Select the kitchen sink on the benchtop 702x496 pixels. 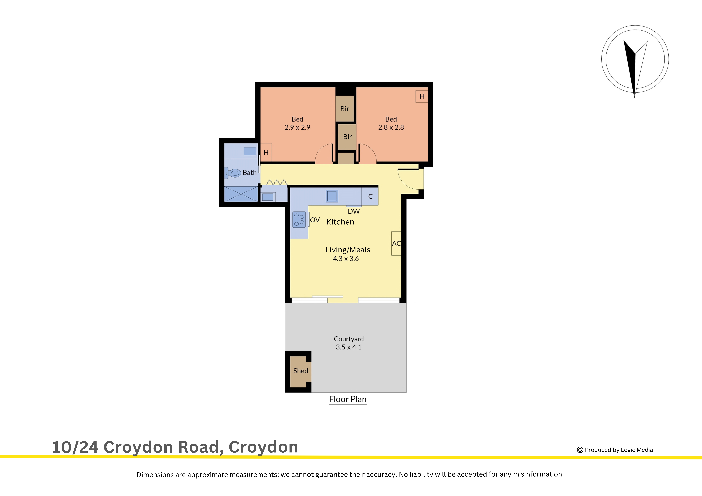coord(332,196)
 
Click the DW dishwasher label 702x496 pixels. coord(354,211)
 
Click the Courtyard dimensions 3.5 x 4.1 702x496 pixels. coord(349,347)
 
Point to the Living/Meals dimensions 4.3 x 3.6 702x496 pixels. coord(346,258)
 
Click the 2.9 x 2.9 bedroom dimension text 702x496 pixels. coord(297,127)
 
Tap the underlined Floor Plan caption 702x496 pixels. coord(348,399)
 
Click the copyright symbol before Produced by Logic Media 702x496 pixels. coord(580,450)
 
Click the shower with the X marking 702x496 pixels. coord(241,194)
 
